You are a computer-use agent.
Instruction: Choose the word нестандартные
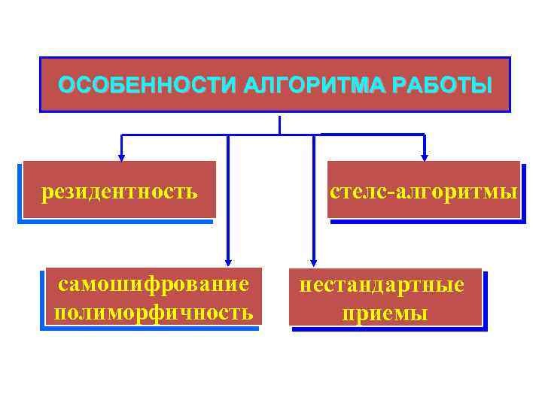click(382, 286)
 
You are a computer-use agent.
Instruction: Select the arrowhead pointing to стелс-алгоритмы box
click(424, 157)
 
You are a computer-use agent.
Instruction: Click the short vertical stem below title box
click(279, 125)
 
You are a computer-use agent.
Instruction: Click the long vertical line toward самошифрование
click(227, 195)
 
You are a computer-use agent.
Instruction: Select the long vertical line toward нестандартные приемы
click(313, 195)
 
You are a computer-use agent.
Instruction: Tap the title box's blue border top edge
click(275, 57)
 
